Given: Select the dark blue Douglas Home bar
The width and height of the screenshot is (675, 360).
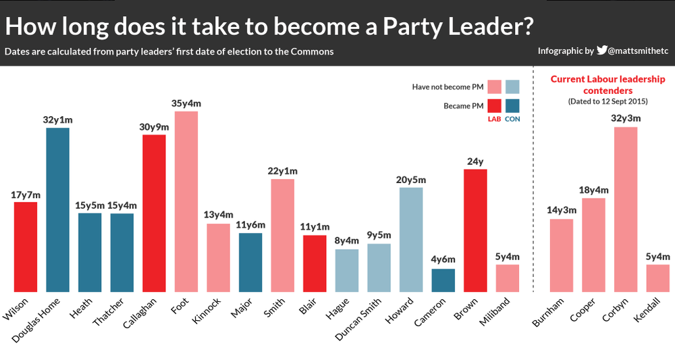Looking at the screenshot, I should (x=57, y=209).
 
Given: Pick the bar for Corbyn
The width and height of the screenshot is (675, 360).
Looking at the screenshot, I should (x=626, y=209).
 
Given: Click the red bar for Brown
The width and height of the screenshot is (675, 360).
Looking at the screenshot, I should (x=475, y=230).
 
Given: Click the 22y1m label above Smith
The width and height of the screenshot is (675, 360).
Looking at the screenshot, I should (x=283, y=172).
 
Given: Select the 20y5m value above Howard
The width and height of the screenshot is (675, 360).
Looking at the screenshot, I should (x=411, y=180).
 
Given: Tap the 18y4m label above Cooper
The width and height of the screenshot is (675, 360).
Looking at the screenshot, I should (x=593, y=190).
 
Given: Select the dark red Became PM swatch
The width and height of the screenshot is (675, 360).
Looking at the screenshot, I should (x=493, y=107).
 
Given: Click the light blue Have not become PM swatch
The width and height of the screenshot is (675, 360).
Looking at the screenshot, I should (x=512, y=86).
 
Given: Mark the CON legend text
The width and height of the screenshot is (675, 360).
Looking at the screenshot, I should (x=512, y=120).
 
